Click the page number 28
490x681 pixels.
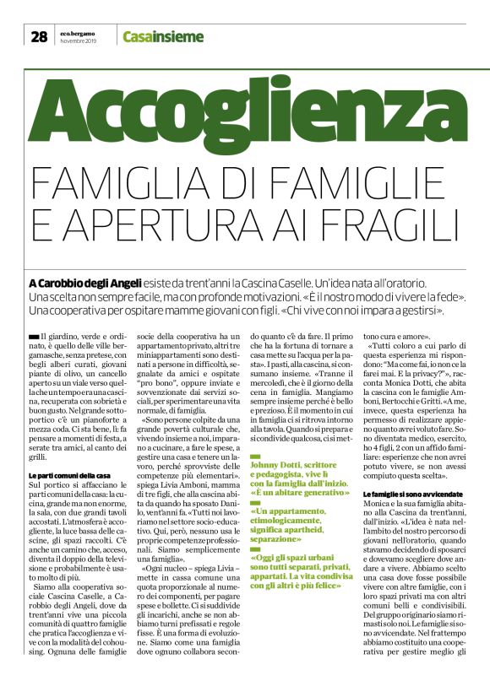39,36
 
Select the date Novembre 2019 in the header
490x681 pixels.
79,41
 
